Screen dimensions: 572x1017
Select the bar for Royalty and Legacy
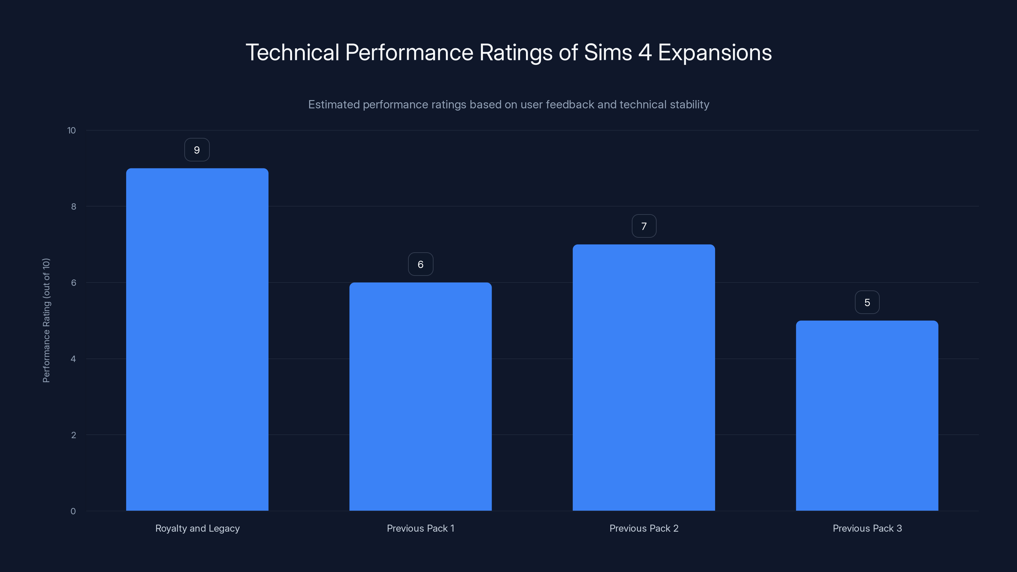(197, 339)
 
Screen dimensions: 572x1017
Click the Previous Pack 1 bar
(420, 396)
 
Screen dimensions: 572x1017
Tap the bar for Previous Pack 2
(644, 378)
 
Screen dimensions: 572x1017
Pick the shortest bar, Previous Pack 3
(867, 415)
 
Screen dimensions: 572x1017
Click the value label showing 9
(197, 150)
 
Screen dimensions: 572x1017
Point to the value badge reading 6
(420, 264)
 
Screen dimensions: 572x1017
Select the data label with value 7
(644, 226)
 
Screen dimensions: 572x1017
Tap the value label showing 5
(867, 303)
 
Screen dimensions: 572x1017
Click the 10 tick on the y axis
(72, 131)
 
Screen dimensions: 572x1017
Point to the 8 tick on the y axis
(73, 207)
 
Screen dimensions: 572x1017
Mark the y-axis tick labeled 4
(73, 359)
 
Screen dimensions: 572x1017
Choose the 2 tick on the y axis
(73, 435)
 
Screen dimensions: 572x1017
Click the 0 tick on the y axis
(73, 512)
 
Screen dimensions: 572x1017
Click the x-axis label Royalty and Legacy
(197, 528)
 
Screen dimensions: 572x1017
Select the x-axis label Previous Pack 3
(867, 528)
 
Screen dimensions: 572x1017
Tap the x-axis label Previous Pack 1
(420, 528)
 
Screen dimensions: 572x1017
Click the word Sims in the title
(608, 52)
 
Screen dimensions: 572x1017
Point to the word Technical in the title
(292, 52)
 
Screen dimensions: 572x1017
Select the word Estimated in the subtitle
(334, 105)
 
